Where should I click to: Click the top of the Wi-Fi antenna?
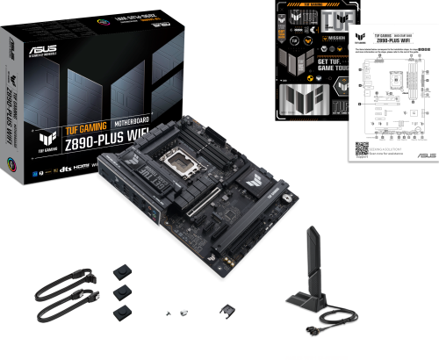click(x=312, y=230)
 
